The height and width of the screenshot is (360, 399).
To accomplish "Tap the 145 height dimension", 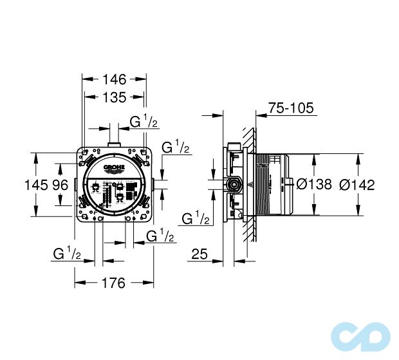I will [x=35, y=185].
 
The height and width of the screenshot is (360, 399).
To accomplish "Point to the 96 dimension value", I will [x=60, y=185].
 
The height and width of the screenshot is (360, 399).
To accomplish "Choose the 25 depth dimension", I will [x=199, y=255].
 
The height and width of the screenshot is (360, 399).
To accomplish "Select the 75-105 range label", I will [x=289, y=108].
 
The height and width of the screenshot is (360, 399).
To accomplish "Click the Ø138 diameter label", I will [x=314, y=185].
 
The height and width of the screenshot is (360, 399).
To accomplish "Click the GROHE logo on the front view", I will [x=113, y=169].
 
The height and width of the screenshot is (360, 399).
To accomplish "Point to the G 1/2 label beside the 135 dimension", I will [x=144, y=121].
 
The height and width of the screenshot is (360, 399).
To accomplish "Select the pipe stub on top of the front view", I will [x=114, y=143].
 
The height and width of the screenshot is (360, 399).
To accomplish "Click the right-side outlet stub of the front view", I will [x=155, y=186].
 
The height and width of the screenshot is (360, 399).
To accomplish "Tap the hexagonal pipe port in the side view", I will [x=234, y=185].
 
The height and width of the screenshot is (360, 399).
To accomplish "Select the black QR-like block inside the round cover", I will [x=132, y=190].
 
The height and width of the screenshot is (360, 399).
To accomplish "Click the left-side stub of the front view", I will [x=75, y=186].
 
